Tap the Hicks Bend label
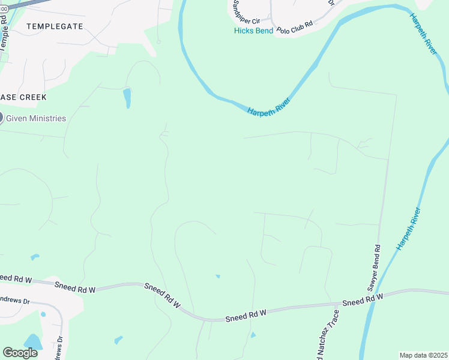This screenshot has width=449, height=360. tap(253, 31)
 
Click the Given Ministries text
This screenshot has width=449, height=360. tap(36, 118)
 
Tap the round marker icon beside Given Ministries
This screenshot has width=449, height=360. tap(1, 118)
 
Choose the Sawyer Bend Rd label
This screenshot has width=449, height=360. tap(372, 264)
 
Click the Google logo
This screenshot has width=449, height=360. tap(20, 353)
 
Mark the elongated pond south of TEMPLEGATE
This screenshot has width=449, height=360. tap(127, 98)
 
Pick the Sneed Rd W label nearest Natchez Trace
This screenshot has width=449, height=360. tap(363, 299)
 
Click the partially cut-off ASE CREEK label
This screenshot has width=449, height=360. tap(23, 97)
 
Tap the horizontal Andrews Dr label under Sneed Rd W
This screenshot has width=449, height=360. tap(15, 300)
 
